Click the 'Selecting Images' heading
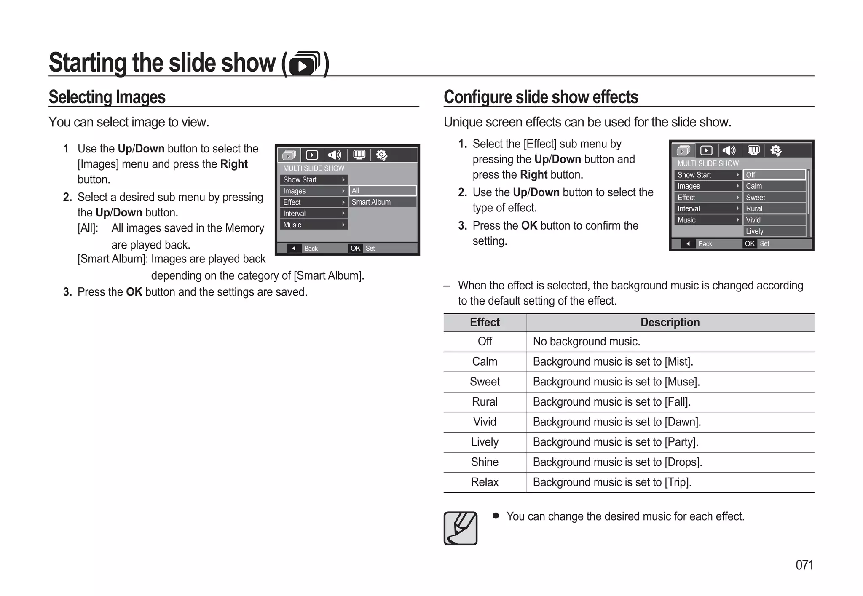click(107, 97)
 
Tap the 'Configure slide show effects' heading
click(541, 97)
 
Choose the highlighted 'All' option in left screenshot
click(382, 191)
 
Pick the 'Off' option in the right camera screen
click(775, 175)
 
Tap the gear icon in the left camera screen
click(381, 155)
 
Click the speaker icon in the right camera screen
click(729, 150)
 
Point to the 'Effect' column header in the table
click(485, 323)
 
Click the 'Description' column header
click(670, 323)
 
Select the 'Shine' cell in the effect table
click(485, 462)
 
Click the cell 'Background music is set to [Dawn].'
click(616, 422)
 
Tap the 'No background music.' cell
click(586, 342)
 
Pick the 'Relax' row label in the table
click(485, 482)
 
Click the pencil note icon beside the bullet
click(461, 528)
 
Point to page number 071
click(804, 565)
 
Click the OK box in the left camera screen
click(355, 248)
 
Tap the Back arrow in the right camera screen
click(688, 243)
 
